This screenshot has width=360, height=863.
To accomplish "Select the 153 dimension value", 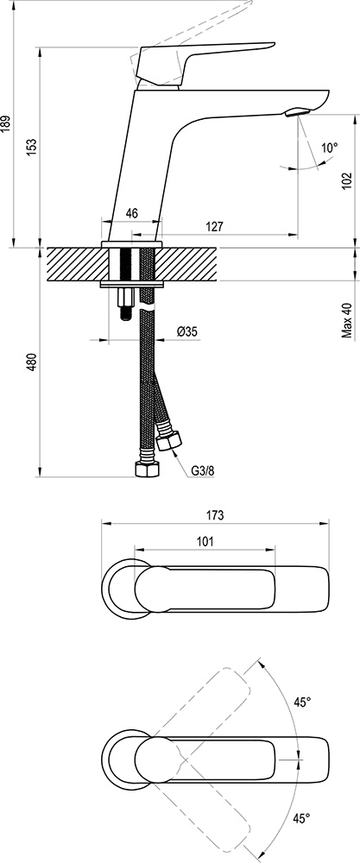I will pyautogui.click(x=32, y=147).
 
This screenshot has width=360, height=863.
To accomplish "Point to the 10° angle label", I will pyautogui.click(x=329, y=148).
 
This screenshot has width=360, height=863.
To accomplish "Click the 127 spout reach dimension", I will pyautogui.click(x=214, y=227).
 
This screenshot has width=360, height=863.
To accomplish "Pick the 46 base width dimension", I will pyautogui.click(x=131, y=212).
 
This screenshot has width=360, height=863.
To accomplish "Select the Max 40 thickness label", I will pyautogui.click(x=347, y=320).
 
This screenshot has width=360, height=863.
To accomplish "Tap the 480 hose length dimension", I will pyautogui.click(x=32, y=362).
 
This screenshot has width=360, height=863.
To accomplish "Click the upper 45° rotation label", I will pyautogui.click(x=301, y=702).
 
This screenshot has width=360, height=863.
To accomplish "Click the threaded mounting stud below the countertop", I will pyautogui.click(x=124, y=303).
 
